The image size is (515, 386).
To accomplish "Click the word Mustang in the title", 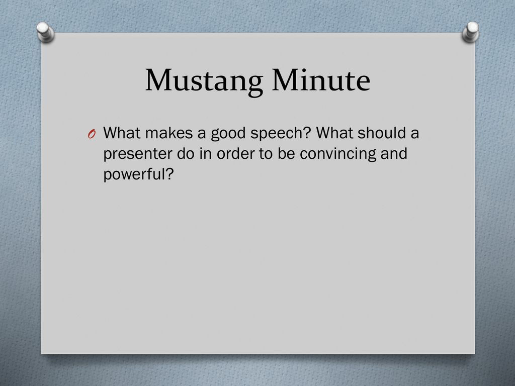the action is pyautogui.click(x=204, y=81).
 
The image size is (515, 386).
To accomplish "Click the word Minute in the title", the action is pyautogui.click(x=321, y=80).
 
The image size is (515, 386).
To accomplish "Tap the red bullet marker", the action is pyautogui.click(x=92, y=134).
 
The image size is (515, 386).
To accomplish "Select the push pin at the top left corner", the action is pyautogui.click(x=45, y=32).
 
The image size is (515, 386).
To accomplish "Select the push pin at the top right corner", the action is pyautogui.click(x=470, y=32).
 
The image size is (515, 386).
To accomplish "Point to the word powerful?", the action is pyautogui.click(x=138, y=174).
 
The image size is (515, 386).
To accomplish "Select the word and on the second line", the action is pyautogui.click(x=394, y=154).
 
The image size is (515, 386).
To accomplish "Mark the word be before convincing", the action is pyautogui.click(x=286, y=154).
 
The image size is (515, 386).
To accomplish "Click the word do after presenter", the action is pyautogui.click(x=186, y=154).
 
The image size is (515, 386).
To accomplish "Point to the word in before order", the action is pyautogui.click(x=205, y=154).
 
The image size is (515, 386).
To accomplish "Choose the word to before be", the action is pyautogui.click(x=266, y=154).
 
